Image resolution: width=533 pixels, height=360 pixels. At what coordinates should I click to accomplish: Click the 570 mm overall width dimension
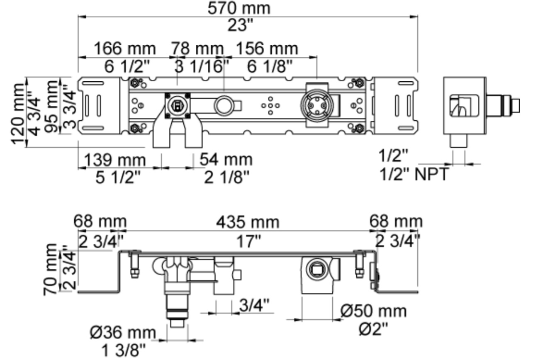click(239, 8)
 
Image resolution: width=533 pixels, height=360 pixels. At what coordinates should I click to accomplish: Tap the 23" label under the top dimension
click(240, 25)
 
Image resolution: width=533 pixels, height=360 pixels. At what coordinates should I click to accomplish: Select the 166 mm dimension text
click(125, 49)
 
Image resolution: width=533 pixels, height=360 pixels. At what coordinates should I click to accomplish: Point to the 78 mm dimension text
click(198, 49)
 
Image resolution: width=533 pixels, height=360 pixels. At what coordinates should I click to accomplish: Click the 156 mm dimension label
click(267, 49)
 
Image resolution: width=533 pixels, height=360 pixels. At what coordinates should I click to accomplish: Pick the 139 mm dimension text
click(115, 160)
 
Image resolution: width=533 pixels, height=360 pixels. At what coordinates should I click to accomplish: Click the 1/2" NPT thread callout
click(414, 174)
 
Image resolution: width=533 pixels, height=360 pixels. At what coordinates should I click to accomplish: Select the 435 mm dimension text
click(248, 222)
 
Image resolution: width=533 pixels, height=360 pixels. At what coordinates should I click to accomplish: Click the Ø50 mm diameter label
click(374, 311)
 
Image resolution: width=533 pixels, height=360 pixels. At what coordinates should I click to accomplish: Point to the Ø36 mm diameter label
click(123, 332)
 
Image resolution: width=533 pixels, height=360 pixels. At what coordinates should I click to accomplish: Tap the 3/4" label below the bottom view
click(254, 305)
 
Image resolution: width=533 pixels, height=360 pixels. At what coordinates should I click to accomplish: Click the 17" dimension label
click(248, 241)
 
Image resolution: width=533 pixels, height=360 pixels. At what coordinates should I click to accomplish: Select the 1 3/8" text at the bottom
click(124, 350)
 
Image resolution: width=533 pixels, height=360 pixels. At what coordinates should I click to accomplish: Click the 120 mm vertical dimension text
click(18, 114)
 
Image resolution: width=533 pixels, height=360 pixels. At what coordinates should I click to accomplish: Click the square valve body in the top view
click(178, 106)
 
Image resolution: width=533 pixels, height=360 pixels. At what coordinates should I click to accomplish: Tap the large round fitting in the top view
click(317, 105)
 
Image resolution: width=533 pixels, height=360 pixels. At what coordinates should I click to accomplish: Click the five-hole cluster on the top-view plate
click(270, 105)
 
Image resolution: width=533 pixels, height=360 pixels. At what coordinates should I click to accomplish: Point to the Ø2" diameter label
click(373, 329)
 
